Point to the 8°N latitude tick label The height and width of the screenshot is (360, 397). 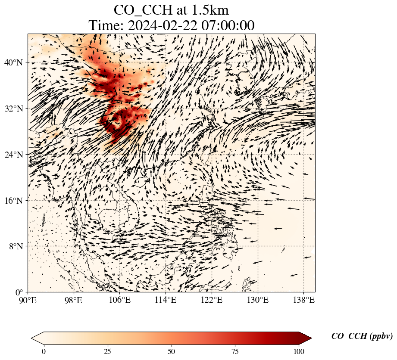pyautogui.click(x=16, y=246)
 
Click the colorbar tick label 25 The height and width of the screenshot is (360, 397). pyautogui.click(x=107, y=351)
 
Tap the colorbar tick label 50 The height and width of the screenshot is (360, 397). pyautogui.click(x=172, y=351)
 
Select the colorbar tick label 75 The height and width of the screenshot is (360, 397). pyautogui.click(x=235, y=351)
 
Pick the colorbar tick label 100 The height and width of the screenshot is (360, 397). pyautogui.click(x=299, y=351)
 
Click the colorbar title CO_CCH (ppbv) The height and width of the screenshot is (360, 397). pyautogui.click(x=362, y=336)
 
